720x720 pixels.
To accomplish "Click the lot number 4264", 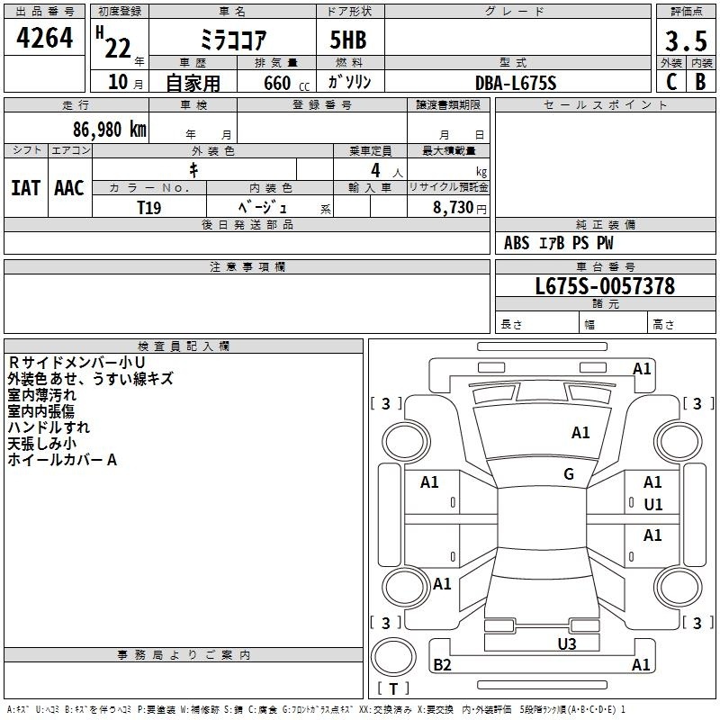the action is point(44,38).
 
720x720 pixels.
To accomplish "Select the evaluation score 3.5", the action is point(686,40).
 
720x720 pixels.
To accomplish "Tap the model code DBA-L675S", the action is point(516,83).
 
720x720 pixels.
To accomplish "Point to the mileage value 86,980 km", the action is point(109,129).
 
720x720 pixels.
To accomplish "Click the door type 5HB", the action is point(348,40).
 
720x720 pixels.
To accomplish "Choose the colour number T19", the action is point(148,208).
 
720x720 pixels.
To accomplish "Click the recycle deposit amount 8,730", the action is point(453,207).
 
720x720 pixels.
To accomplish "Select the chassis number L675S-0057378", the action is point(605,285).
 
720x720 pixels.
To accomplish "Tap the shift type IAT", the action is point(25,188).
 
